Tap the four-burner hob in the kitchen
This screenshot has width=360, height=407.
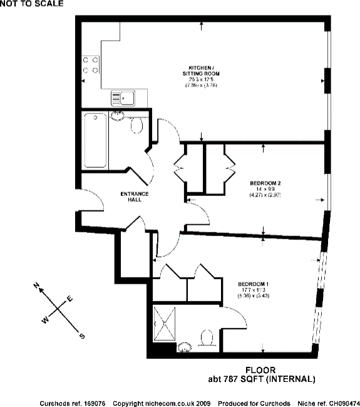point(89,65)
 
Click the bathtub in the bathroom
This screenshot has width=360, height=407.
point(95,140)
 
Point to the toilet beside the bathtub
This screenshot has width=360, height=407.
point(137,126)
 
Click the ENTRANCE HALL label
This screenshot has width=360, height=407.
point(135,197)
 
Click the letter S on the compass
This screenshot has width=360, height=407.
point(81,336)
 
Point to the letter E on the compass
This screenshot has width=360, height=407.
point(69,299)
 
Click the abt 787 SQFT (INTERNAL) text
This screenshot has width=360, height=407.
point(261,379)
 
